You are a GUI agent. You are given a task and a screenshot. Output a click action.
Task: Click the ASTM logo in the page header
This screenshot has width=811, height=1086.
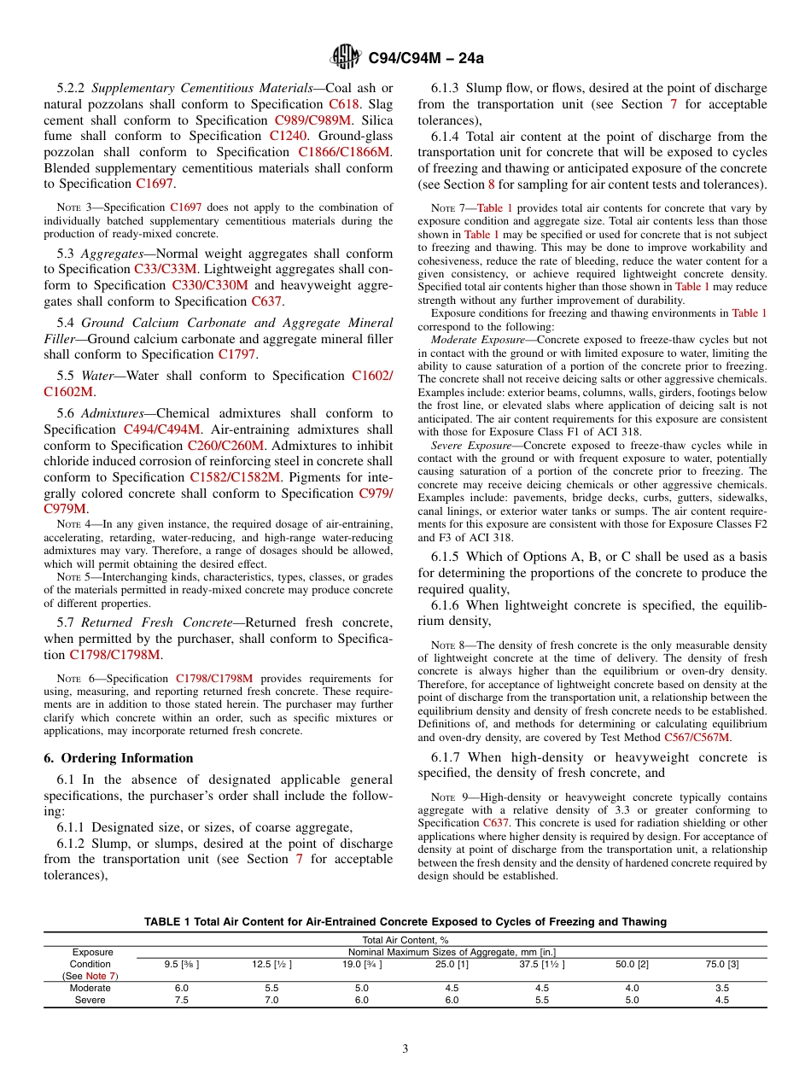[x=346, y=58]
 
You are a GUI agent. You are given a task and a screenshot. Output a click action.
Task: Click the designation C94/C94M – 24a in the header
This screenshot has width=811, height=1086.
[x=425, y=59]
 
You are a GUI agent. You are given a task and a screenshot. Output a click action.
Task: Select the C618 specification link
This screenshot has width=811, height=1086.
[x=344, y=104]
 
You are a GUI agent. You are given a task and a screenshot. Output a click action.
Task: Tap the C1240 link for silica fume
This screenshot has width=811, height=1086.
[x=288, y=136]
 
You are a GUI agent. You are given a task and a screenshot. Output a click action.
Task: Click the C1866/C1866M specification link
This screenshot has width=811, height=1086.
[x=344, y=152]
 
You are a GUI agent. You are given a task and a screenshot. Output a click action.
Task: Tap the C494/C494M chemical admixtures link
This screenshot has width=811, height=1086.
[x=162, y=429]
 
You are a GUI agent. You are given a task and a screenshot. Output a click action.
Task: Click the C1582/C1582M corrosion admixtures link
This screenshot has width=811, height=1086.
[x=235, y=477]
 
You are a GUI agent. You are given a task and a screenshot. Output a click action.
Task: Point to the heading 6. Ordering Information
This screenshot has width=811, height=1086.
[x=119, y=758]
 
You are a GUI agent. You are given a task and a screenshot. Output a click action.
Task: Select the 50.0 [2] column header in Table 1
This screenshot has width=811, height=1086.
[x=632, y=964]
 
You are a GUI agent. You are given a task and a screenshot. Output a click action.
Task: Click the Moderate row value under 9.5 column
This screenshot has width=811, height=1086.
[x=181, y=989]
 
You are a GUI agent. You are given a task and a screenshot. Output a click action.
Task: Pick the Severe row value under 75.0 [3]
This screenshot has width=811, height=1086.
[x=721, y=1001]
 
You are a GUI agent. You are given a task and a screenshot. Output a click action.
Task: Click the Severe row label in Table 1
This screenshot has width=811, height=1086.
[x=90, y=1001]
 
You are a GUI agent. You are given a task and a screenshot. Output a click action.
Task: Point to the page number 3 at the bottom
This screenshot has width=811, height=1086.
[x=405, y=1049]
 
